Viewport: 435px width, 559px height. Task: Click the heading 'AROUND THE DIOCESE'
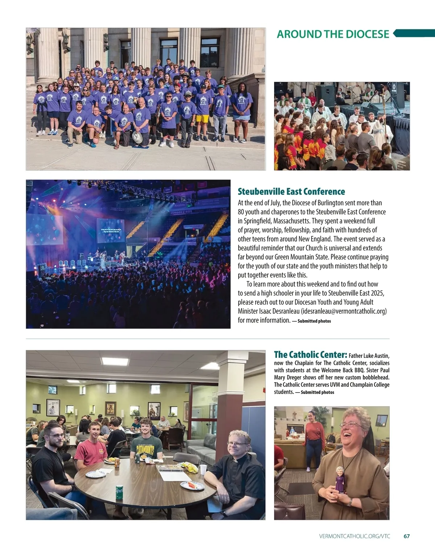[x=333, y=34]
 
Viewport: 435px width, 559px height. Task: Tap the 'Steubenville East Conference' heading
[x=291, y=192]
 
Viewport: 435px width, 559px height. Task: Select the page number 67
[x=407, y=536]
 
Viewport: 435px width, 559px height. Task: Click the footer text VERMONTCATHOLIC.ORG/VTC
[x=355, y=536]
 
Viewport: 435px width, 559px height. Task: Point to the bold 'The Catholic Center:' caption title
[x=310, y=355]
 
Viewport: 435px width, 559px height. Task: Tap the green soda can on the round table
[x=119, y=492]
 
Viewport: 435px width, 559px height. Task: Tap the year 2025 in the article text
[x=377, y=293]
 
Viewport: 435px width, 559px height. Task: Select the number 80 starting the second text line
[x=241, y=212]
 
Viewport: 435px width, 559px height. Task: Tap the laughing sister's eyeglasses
[x=350, y=424]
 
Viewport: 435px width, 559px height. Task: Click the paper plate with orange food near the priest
[x=192, y=485]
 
